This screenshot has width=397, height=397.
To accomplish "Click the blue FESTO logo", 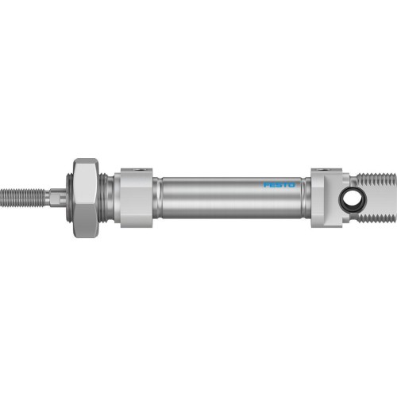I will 279,185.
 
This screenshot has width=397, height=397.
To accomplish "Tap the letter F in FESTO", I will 266,185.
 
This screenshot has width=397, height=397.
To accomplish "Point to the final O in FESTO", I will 291,185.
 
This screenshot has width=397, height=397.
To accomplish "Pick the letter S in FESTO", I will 279,185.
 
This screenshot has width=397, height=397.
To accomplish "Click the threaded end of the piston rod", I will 24,194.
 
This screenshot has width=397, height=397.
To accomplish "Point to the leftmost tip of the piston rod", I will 3,194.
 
